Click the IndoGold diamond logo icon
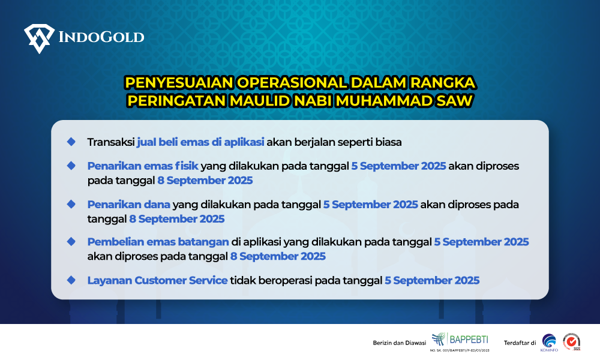pyautogui.click(x=39, y=38)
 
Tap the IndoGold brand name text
pyautogui.click(x=101, y=37)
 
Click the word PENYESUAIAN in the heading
pyautogui.click(x=179, y=83)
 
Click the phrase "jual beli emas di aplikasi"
pyautogui.click(x=200, y=142)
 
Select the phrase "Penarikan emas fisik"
pyautogui.click(x=143, y=166)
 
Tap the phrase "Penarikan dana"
pyautogui.click(x=128, y=205)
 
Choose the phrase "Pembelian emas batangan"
pyautogui.click(x=158, y=242)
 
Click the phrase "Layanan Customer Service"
pyautogui.click(x=157, y=280)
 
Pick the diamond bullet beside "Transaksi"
pyautogui.click(x=71, y=142)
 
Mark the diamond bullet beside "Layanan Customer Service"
pyautogui.click(x=71, y=280)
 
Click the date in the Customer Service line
pyautogui.click(x=432, y=280)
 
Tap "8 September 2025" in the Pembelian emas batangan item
pyautogui.click(x=278, y=256)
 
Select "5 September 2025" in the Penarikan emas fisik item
pyautogui.click(x=399, y=166)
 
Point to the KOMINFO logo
pyautogui.click(x=549, y=343)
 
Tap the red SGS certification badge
pyautogui.click(x=571, y=341)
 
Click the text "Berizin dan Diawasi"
pyautogui.click(x=400, y=343)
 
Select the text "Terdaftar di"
pyautogui.click(x=520, y=343)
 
